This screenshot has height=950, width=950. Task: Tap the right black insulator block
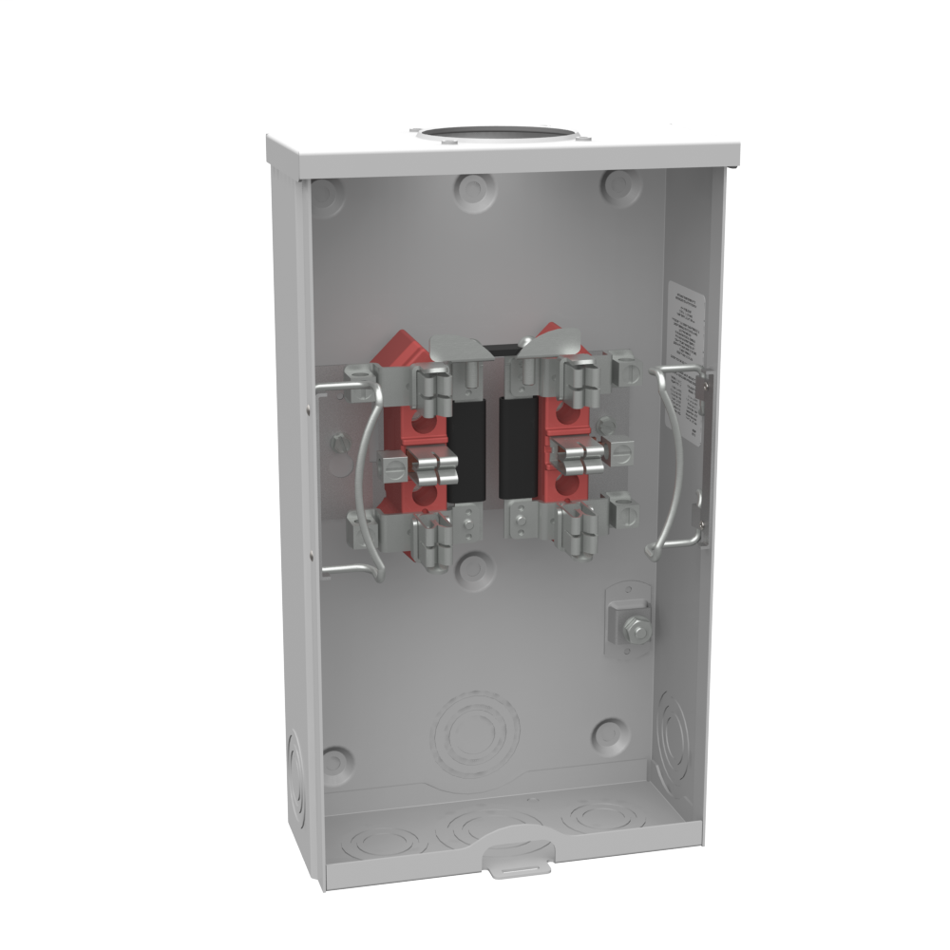pos(519,447)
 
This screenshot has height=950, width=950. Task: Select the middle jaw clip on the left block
pos(433,466)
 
